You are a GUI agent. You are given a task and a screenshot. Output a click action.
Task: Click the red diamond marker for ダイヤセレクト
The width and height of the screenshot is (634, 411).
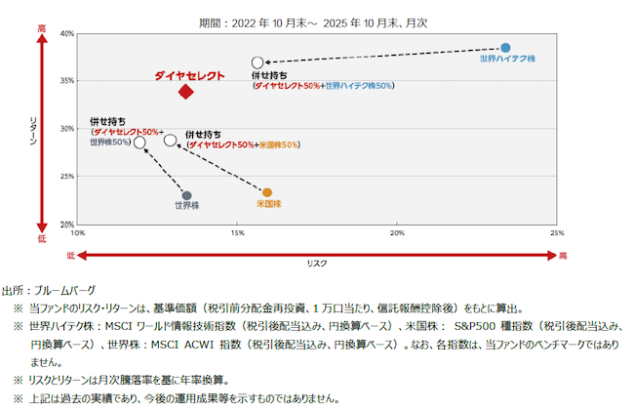[x=185, y=92]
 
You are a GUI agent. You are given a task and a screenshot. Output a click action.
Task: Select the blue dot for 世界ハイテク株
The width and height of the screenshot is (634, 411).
[x=505, y=48]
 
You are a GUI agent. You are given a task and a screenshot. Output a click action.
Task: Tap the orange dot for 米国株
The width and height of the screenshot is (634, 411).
[x=267, y=192]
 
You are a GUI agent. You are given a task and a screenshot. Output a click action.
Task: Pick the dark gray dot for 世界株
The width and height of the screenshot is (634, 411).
[x=187, y=195]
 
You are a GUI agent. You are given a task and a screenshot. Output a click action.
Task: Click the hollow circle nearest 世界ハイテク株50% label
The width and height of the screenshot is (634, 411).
[x=258, y=62]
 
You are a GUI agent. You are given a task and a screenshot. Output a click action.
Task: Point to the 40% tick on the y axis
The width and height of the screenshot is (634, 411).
[x=66, y=33]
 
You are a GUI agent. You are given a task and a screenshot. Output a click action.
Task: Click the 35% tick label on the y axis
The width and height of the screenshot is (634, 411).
[x=66, y=81]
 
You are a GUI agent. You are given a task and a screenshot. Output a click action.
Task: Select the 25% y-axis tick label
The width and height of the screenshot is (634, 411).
[x=66, y=177]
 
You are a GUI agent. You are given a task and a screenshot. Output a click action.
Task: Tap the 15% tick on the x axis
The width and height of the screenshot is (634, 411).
[x=238, y=233]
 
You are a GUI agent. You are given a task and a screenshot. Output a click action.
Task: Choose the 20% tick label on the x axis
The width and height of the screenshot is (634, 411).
[x=398, y=233]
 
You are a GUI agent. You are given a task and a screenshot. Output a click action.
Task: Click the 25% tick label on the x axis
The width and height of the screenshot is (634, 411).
[x=557, y=233]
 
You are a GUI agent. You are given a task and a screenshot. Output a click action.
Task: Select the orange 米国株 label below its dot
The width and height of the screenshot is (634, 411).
[x=268, y=204]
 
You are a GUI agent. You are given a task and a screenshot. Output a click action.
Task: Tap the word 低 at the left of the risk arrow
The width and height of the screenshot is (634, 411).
[x=70, y=255]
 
